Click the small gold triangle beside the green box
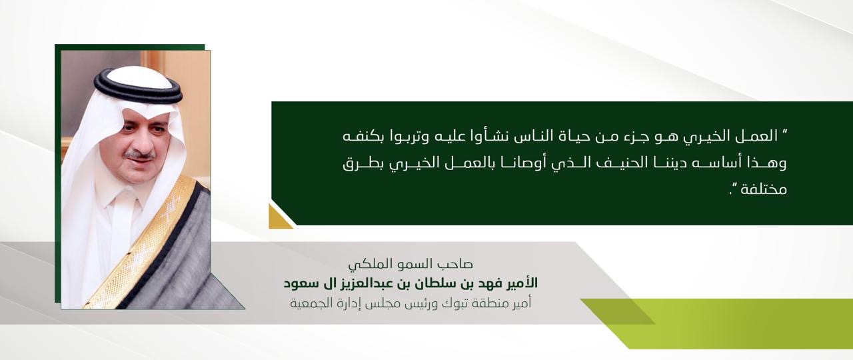click(279, 217)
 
